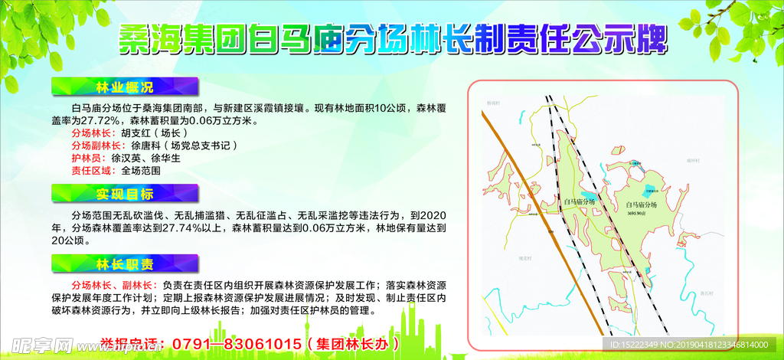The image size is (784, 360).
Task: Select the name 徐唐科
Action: coord(146,145)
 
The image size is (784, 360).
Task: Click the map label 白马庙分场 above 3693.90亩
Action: coord(642,205)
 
